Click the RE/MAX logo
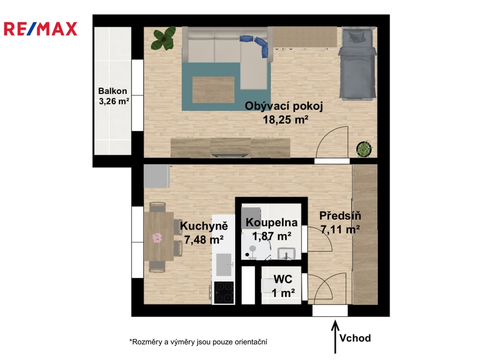[40, 29]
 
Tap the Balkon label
[112, 91]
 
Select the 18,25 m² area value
[286, 119]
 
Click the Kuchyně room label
[204, 226]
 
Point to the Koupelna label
[272, 222]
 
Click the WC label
[283, 279]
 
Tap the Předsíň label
[340, 215]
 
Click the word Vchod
[355, 338]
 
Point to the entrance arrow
[335, 337]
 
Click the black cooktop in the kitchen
[224, 292]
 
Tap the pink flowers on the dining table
[157, 237]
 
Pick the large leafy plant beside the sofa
[163, 39]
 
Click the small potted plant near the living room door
[365, 149]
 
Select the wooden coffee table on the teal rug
[213, 90]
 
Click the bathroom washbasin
[287, 253]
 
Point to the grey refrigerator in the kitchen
[157, 176]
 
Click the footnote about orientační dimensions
[198, 342]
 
